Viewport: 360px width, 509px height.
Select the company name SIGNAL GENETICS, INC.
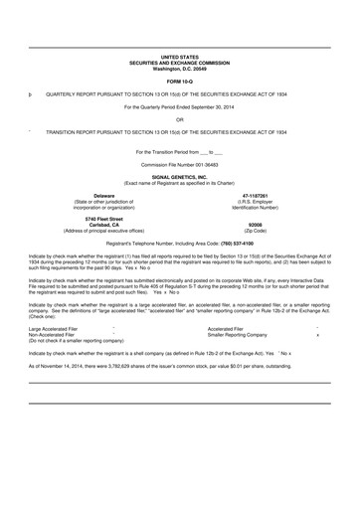click(x=179, y=175)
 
